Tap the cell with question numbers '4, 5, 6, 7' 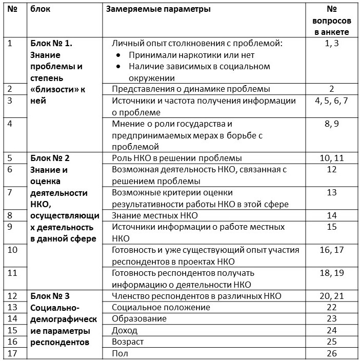[x=331, y=101]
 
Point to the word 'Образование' [x=139, y=318]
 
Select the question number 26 [x=331, y=353]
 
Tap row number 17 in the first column [x=14, y=353]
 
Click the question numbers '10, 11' [x=331, y=158]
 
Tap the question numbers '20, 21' [x=331, y=296]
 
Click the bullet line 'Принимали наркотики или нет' [x=192, y=55]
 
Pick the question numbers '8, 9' [x=331, y=124]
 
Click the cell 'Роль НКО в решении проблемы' [x=176, y=158]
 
